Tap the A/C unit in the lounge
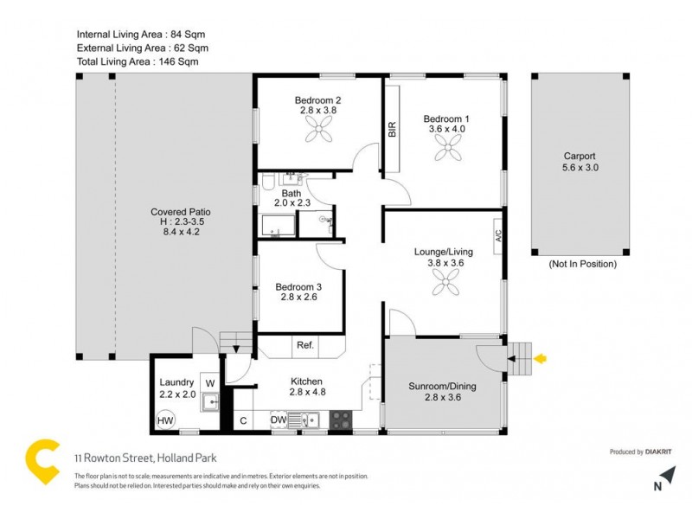[497, 235]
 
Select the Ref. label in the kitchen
[305, 344]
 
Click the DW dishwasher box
[278, 420]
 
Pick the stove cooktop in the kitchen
[340, 420]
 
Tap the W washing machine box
[209, 381]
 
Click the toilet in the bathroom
[269, 181]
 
